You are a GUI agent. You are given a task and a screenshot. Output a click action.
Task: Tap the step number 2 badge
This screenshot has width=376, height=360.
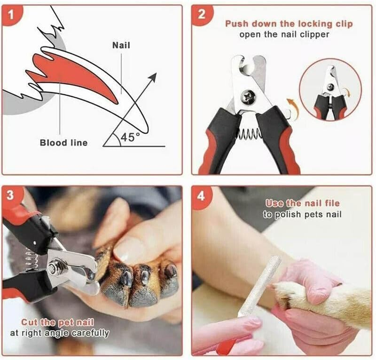point(201,16)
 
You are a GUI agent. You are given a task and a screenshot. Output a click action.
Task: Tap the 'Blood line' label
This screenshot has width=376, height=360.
point(63,143)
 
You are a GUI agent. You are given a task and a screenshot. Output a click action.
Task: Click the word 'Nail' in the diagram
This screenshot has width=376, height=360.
point(121,45)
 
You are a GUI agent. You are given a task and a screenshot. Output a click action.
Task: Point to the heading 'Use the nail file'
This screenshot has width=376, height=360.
point(302,203)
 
